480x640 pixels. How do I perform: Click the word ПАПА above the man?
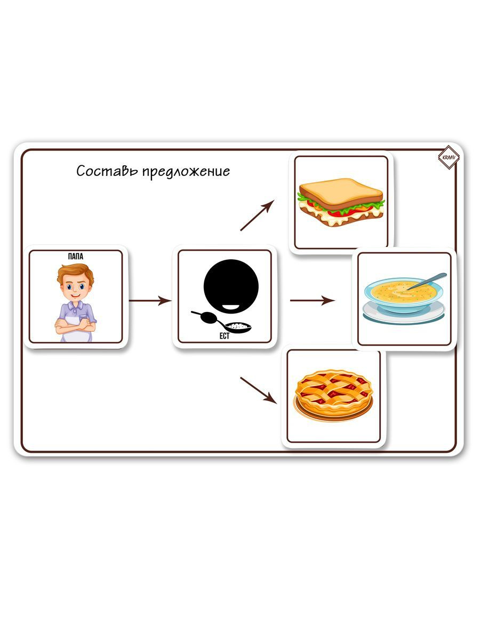tap(76, 257)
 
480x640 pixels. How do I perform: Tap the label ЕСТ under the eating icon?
tap(224, 337)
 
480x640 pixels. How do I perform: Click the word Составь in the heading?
tap(107, 171)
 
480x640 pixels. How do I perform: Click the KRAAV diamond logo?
tap(448, 158)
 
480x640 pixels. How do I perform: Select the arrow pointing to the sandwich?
tap(257, 215)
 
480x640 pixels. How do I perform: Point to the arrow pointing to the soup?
tap(312, 301)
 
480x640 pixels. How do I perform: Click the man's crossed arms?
tap(75, 322)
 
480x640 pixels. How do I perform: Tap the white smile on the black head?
tap(231, 307)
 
